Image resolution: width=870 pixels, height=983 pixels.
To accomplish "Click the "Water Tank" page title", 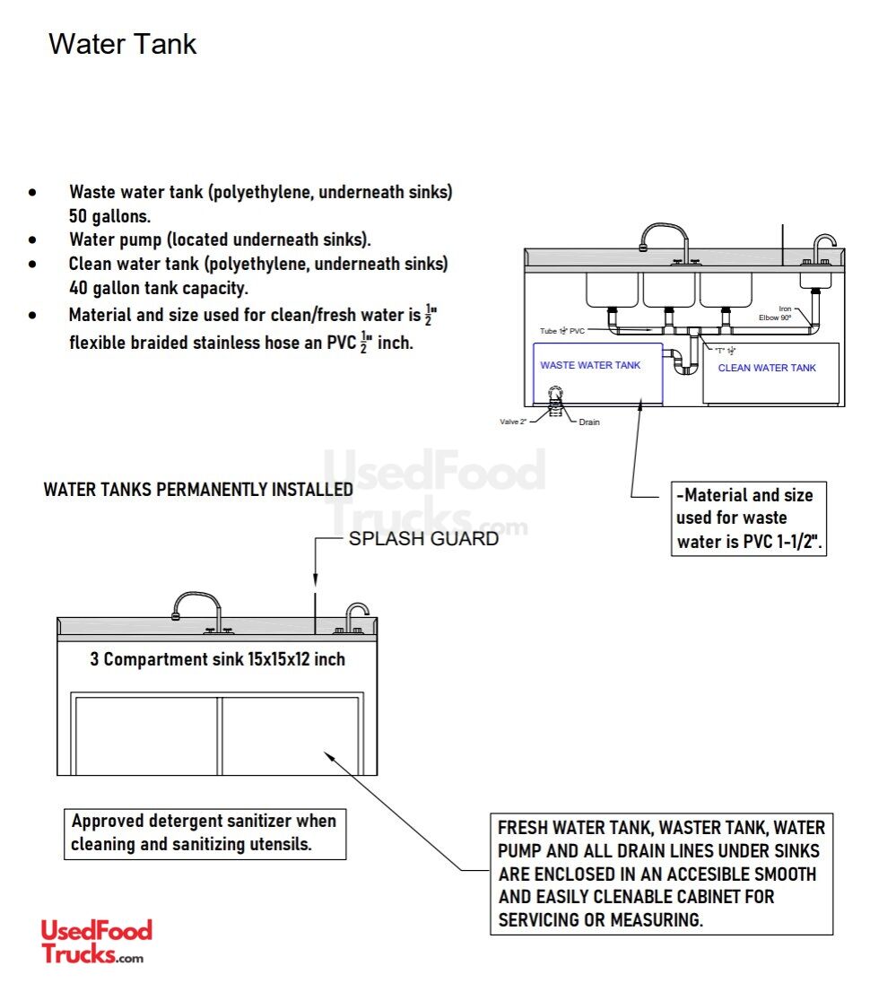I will click(122, 44).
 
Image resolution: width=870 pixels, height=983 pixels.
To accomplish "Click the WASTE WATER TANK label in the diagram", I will click(590, 365).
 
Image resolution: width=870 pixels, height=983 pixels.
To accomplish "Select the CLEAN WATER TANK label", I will click(767, 368).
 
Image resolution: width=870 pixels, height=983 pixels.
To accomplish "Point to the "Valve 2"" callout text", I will click(513, 422).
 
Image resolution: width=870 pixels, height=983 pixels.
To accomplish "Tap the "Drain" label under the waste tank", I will click(589, 422).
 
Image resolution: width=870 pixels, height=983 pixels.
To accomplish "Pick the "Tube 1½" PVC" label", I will click(561, 331).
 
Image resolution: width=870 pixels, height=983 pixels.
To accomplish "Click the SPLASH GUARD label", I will click(422, 539).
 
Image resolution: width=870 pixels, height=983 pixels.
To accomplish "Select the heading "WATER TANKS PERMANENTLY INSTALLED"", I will click(198, 490).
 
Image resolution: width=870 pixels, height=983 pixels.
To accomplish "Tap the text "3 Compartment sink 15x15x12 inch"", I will click(217, 659).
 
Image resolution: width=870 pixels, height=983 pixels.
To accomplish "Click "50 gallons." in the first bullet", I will click(109, 216).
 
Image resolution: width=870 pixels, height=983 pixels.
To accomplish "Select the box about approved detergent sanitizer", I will click(204, 832).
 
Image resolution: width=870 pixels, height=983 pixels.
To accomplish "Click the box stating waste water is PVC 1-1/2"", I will click(748, 518).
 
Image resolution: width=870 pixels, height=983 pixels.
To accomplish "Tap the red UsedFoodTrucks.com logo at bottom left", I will click(96, 941).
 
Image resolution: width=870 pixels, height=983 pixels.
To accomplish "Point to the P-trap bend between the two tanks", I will click(683, 363).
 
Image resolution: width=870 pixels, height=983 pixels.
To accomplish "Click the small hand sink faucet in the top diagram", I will click(822, 246).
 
